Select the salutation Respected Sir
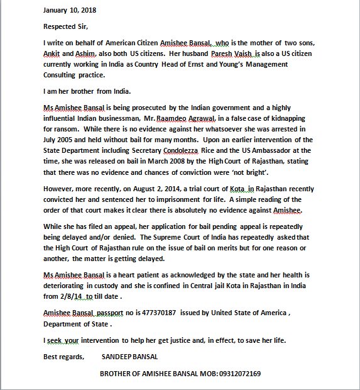point(66,26)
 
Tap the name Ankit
point(53,54)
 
